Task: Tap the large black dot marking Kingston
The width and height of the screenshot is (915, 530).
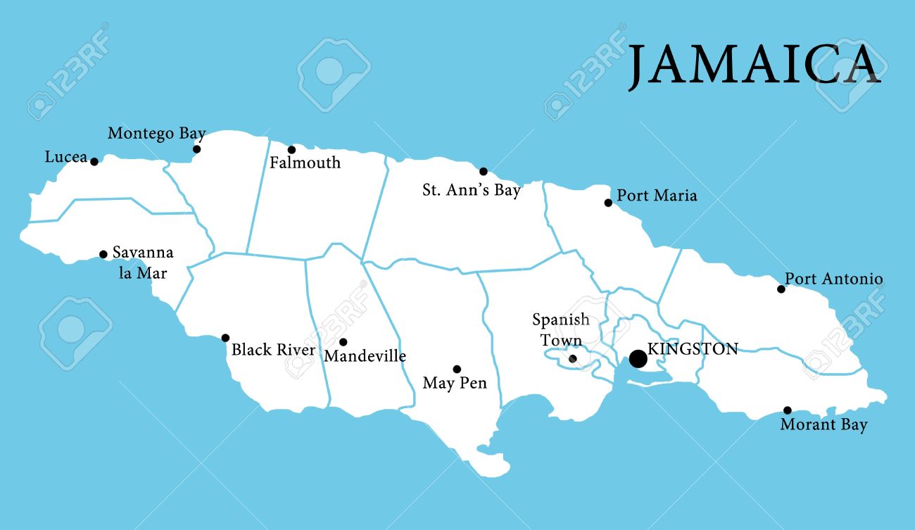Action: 638,359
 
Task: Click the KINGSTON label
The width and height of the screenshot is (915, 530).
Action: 693,348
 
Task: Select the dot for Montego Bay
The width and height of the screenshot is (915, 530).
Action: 197,149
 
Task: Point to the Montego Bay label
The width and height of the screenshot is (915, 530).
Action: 156,133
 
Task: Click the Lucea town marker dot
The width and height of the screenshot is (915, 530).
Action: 94,161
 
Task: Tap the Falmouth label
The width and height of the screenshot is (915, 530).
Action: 305,163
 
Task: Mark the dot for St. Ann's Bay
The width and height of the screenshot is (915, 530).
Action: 484,172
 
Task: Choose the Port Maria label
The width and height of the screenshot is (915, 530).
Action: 657,196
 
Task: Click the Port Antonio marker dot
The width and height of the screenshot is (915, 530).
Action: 781,289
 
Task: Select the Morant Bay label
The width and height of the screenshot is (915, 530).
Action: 824,425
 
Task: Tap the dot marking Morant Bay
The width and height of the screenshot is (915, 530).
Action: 787,410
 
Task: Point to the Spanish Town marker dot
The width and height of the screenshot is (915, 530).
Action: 572,359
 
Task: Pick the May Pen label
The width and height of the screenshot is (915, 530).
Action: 455,384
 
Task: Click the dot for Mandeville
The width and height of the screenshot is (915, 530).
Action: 343,342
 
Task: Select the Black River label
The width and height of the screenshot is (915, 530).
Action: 273,350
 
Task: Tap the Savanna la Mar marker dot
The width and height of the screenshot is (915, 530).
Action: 103,255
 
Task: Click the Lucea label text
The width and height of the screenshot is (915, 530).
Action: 65,157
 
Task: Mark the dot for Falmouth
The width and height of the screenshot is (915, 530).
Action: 291,150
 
